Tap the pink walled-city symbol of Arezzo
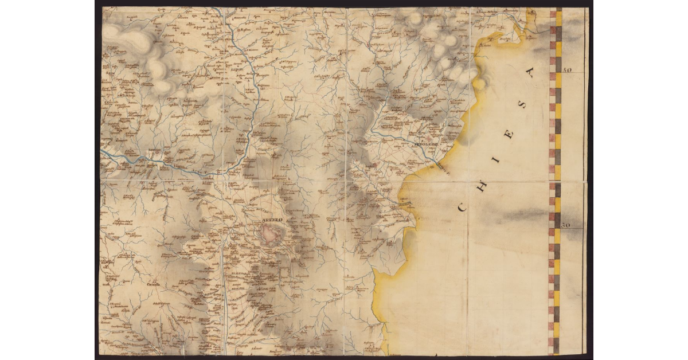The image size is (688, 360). pos(272,234)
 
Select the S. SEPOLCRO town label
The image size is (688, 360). pos(425,144)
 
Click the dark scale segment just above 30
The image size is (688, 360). pos(557,217)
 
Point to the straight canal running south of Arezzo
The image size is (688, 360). pos(225,287)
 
